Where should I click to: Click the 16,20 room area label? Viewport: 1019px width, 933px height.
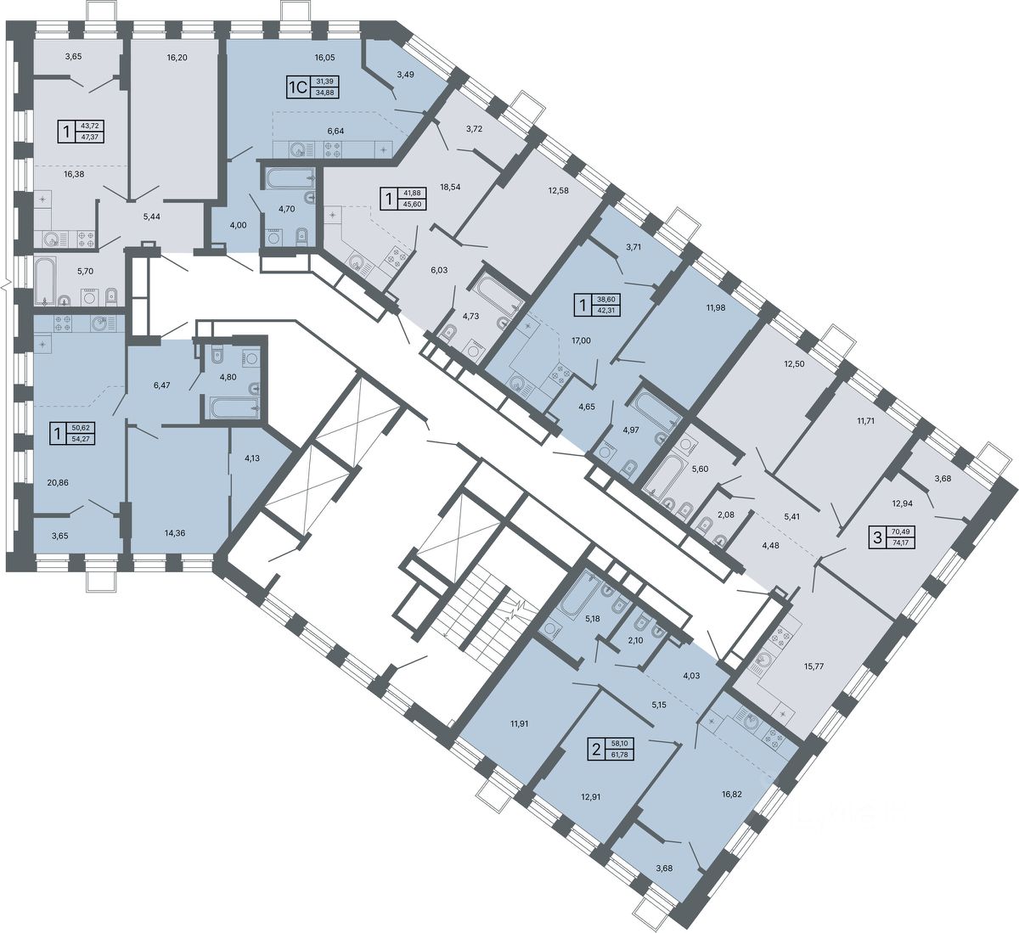(177, 58)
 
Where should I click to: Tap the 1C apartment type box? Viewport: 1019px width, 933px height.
(298, 87)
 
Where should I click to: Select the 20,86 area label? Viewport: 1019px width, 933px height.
(58, 482)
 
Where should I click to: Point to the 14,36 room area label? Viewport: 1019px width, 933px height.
(174, 533)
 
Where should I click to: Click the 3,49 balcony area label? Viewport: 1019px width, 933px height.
(405, 74)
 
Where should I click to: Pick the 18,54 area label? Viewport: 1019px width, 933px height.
(450, 187)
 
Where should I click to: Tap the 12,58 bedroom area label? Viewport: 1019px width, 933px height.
(558, 190)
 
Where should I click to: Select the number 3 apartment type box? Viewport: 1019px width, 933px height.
(877, 537)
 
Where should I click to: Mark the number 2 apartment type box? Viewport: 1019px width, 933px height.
(596, 749)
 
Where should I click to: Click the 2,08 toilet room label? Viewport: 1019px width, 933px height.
(726, 515)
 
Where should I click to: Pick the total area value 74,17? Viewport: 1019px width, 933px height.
(902, 542)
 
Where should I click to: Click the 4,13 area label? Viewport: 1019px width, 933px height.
(252, 458)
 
